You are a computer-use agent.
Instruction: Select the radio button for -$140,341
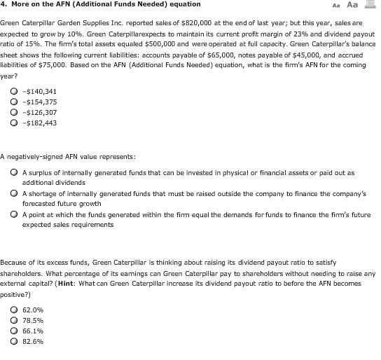point(14,91)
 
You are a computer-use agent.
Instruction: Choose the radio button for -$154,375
point(14,102)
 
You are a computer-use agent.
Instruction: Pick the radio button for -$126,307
point(14,112)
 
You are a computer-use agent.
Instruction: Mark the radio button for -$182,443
point(14,123)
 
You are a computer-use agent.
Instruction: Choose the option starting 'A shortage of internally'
point(14,193)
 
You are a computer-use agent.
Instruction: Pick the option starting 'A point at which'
point(14,214)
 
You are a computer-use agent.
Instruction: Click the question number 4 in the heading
point(4,5)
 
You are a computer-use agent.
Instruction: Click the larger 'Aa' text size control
point(352,5)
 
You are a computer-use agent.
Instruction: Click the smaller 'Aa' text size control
point(337,6)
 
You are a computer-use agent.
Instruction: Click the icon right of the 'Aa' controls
point(369,5)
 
